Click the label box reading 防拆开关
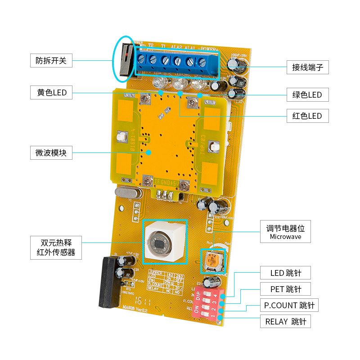(51, 60)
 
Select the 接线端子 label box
(307, 67)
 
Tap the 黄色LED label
(51, 93)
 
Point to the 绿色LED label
(307, 94)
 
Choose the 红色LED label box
(307, 116)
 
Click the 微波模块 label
(51, 153)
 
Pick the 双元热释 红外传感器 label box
(56, 247)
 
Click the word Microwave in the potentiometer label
(285, 237)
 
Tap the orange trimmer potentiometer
(212, 259)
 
